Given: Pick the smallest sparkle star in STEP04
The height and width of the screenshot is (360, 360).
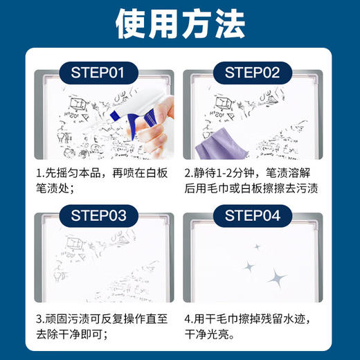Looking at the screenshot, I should pos(257,246).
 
